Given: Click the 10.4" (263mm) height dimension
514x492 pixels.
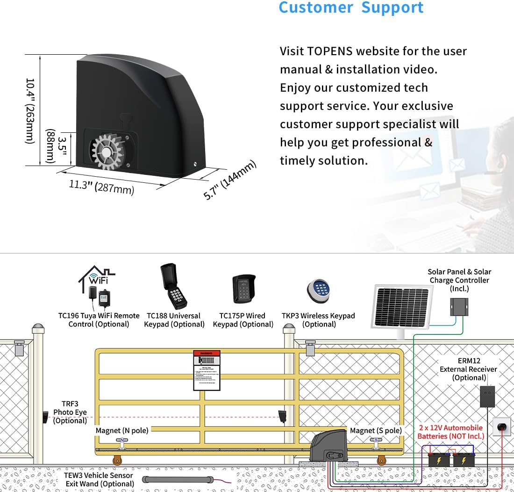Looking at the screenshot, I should pos(30,111).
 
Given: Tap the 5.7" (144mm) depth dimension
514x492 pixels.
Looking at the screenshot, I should pos(230,180).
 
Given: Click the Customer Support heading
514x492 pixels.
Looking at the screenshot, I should pos(351,8).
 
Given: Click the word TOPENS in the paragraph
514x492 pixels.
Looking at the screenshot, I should pos(334,51).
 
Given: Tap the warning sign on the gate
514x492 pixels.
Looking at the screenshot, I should pos(207,369).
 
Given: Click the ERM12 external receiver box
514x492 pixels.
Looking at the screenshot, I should pos(487,397).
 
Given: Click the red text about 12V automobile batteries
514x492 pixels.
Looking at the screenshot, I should pos(450,432).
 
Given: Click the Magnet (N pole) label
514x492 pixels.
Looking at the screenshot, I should pos(121,430).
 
